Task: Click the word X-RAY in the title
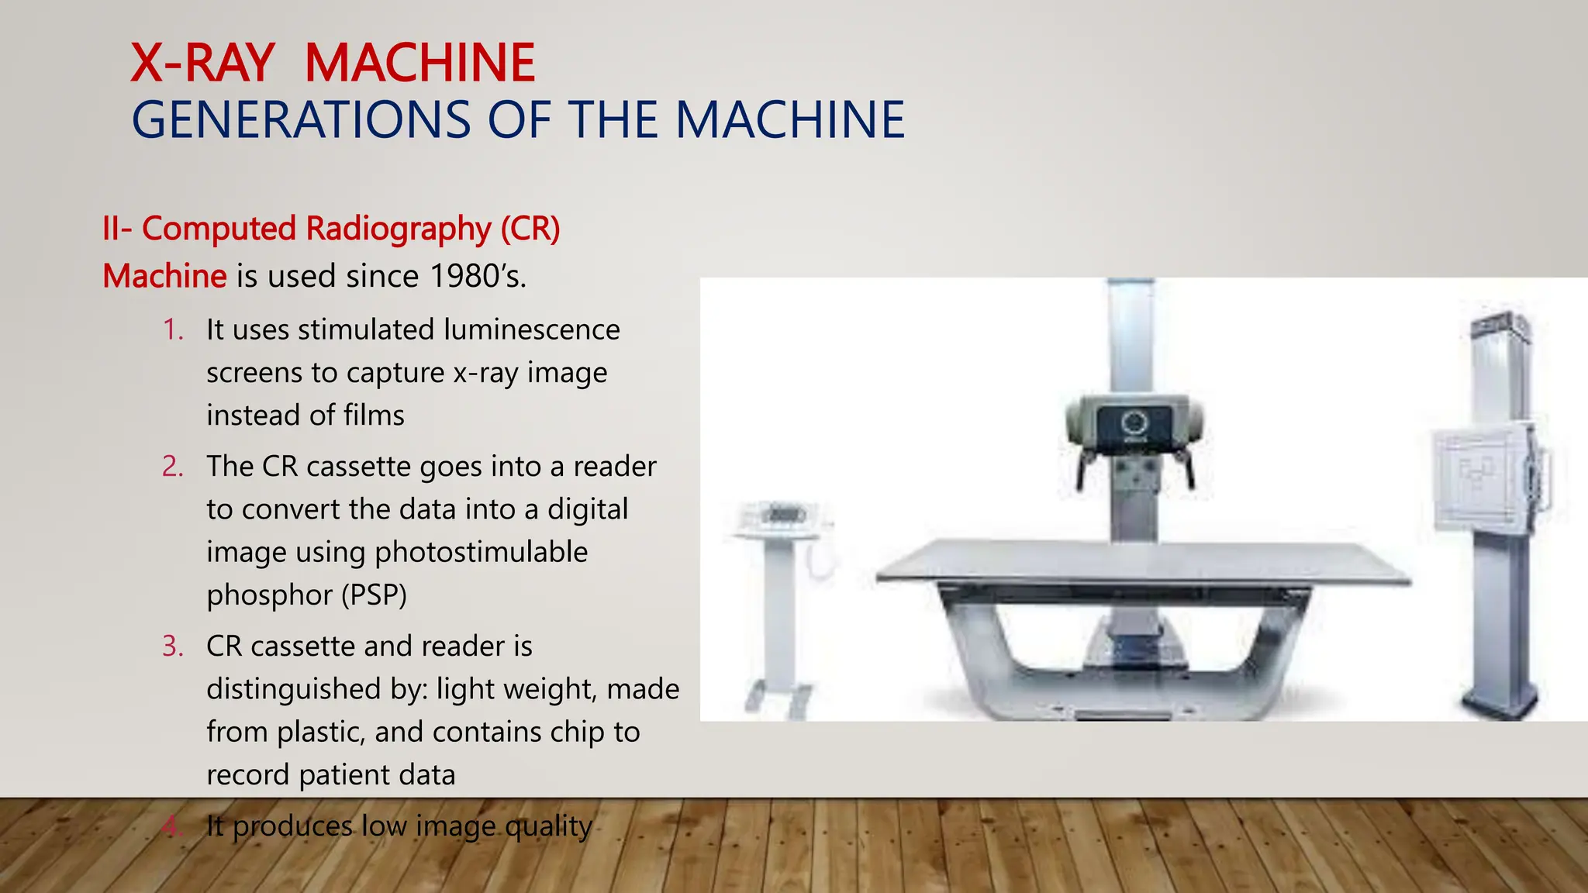tap(202, 63)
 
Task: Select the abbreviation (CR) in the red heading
tap(530, 229)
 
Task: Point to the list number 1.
tap(173, 330)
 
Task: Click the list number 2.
tap(173, 467)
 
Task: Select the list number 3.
tap(173, 646)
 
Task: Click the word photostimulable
tap(481, 553)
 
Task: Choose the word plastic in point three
tap(320, 733)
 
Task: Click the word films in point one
tap(374, 416)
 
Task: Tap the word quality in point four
tap(547, 826)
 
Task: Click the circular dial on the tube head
tap(1133, 422)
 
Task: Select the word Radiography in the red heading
tap(398, 229)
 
